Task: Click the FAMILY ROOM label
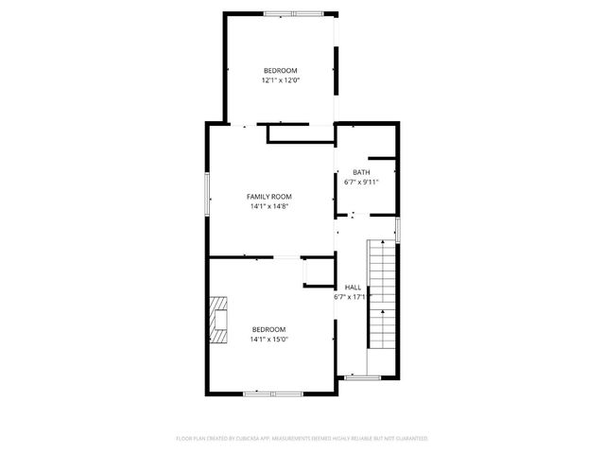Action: pos(269,197)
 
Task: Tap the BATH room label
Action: pos(361,172)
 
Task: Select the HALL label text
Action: pos(353,287)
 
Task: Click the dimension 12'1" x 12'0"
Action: pos(281,80)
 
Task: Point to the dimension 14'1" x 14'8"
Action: pos(269,206)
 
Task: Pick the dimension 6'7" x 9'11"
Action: pos(361,182)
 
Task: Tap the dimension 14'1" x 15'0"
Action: pos(269,339)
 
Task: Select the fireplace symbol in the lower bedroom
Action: pos(220,320)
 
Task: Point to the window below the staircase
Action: pos(361,378)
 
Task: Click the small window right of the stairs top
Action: pos(398,229)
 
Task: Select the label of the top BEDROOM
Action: pos(281,71)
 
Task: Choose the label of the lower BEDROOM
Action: pos(269,329)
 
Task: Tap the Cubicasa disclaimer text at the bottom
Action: pos(302,439)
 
